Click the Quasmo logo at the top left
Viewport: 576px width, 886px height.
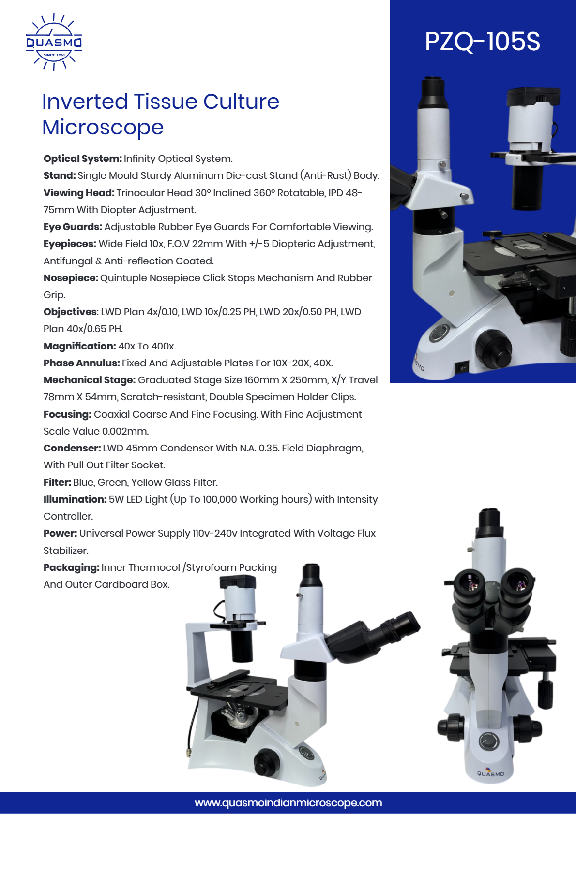[54, 42]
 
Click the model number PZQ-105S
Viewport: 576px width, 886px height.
[482, 42]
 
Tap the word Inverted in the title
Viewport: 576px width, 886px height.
[85, 102]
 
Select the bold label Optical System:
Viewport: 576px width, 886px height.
[82, 159]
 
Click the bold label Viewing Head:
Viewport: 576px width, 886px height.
[79, 193]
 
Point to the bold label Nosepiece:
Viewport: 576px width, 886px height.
[71, 278]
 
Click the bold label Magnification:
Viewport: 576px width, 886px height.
[79, 346]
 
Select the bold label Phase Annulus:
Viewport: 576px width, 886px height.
[81, 363]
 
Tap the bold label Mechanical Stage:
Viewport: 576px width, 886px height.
[89, 380]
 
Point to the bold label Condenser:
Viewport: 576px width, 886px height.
[72, 448]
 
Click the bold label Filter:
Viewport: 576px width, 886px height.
[57, 482]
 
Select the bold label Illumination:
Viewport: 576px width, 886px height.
[75, 499]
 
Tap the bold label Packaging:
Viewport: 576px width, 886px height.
[71, 567]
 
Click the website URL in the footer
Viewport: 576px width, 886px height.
[288, 803]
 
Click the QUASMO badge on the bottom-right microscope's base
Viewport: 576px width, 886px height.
[490, 773]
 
